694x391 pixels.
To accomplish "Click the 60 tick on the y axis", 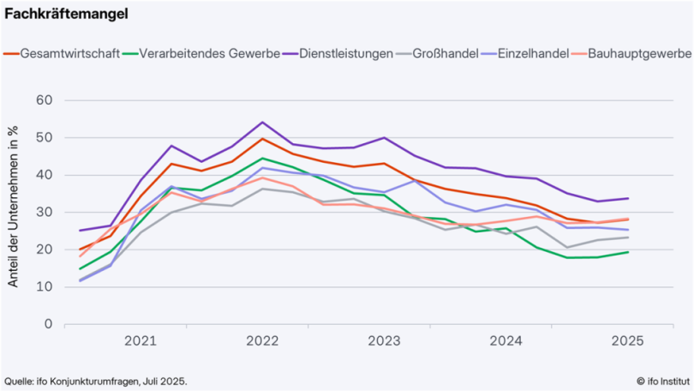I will click(x=45, y=100).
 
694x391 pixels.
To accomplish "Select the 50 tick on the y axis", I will click(x=45, y=138).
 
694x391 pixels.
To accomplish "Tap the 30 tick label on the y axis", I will click(x=45, y=213).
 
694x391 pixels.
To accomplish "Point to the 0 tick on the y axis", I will click(x=48, y=325).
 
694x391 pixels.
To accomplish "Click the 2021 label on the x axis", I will click(x=140, y=341).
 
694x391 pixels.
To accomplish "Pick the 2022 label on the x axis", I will click(x=261, y=341).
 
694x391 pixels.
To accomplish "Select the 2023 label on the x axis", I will click(x=384, y=341).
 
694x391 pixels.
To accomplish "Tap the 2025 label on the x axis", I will click(x=627, y=341).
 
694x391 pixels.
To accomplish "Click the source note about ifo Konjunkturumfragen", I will click(x=95, y=381).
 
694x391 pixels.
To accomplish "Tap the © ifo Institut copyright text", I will click(x=662, y=381).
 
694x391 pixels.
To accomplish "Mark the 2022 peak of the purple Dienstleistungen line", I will click(x=262, y=123).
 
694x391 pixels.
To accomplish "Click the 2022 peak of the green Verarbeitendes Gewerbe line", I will click(x=262, y=159).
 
